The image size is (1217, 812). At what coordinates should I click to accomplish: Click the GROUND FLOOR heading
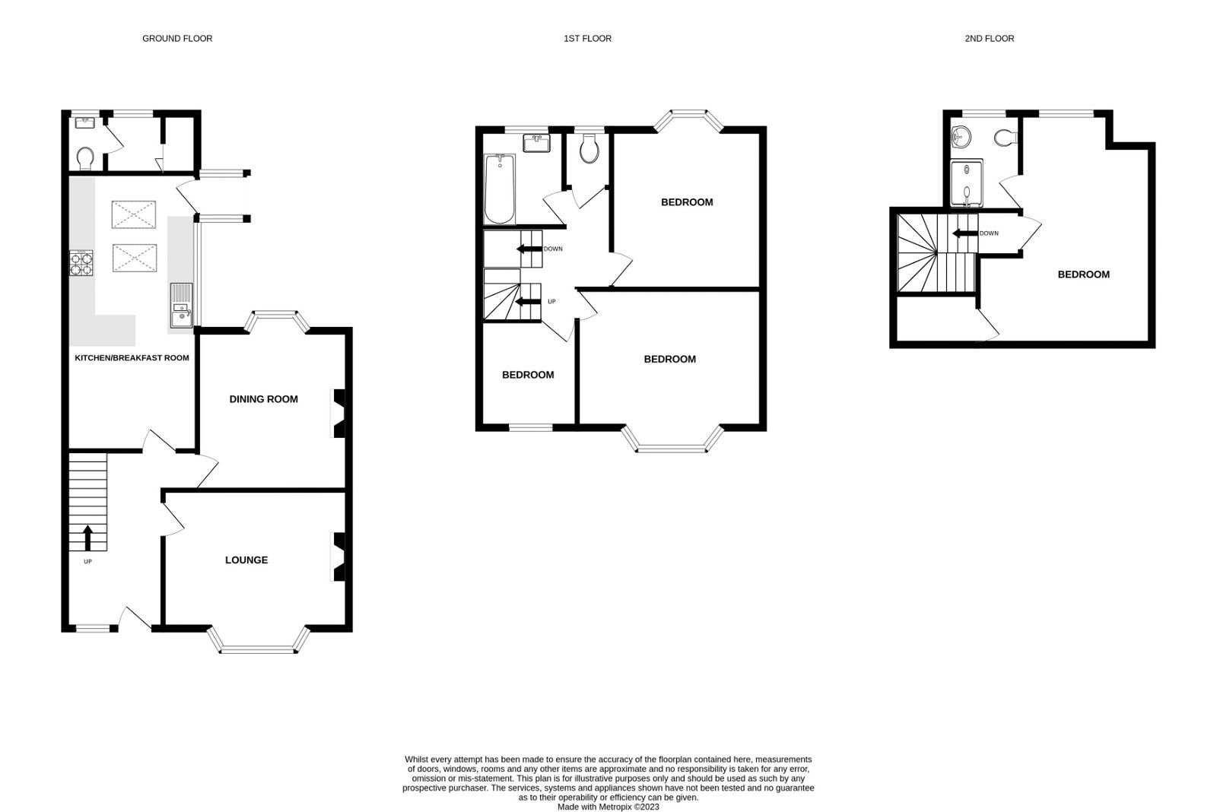tap(177, 38)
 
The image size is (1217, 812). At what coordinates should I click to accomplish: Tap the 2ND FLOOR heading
tap(989, 38)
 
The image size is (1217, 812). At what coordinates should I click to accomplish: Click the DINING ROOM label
tap(264, 399)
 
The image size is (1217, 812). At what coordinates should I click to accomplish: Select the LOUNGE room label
tap(246, 560)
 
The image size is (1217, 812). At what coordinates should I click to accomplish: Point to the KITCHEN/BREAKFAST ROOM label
tap(132, 357)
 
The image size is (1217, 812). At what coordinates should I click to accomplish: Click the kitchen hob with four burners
tap(81, 262)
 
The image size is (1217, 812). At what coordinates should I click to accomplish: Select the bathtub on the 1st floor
tap(500, 189)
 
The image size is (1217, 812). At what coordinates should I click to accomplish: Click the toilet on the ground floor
tap(84, 158)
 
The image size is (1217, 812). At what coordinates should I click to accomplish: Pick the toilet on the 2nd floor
tap(1006, 138)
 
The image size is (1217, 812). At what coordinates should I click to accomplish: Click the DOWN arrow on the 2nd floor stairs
tap(965, 233)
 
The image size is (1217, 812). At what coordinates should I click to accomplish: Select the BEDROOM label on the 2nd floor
tap(1083, 274)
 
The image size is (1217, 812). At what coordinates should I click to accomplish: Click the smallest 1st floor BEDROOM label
tap(528, 375)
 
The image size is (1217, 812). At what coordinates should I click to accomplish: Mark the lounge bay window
tap(259, 643)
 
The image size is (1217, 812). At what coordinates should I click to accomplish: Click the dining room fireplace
tap(338, 414)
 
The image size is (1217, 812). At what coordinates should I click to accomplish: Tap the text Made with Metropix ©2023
tap(608, 807)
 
